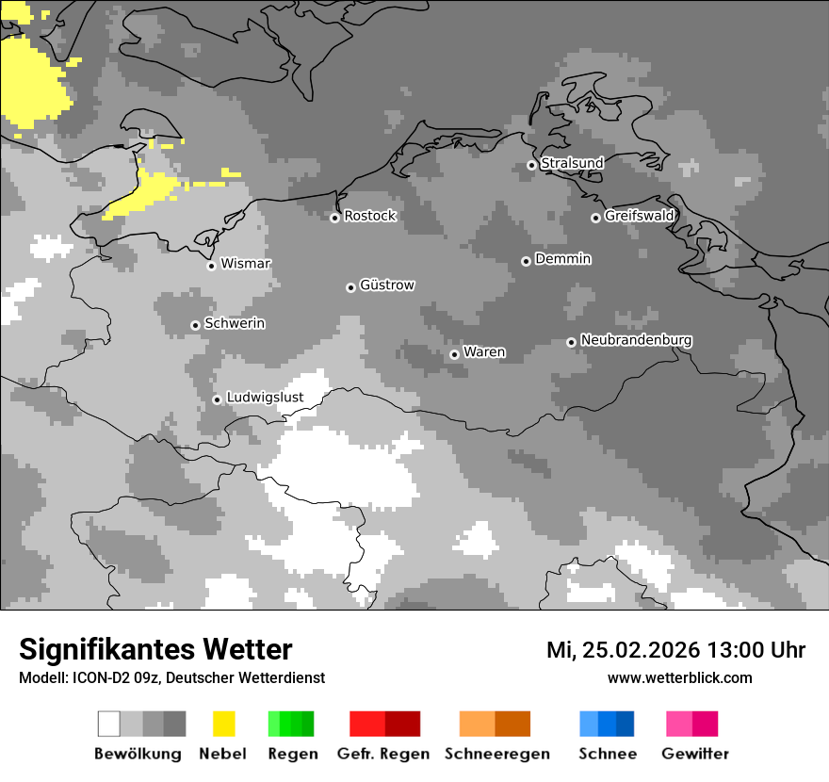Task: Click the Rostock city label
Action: (369, 216)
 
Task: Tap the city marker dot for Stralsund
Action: (531, 165)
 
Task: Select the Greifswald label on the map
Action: (639, 216)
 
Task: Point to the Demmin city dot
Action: (526, 261)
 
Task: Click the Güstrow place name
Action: (387, 285)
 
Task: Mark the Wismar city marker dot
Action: (211, 266)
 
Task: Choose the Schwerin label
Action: (235, 323)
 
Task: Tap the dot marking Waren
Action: (454, 354)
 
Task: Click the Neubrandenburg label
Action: (636, 340)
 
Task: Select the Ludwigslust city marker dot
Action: (217, 399)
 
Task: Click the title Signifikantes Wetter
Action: (155, 650)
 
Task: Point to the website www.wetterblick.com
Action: (679, 677)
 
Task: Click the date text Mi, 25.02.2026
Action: (625, 650)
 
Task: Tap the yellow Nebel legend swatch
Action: (224, 724)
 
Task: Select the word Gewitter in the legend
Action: (694, 754)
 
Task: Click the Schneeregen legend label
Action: (496, 754)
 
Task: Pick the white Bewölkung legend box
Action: (109, 724)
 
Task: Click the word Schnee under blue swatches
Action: (607, 754)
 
